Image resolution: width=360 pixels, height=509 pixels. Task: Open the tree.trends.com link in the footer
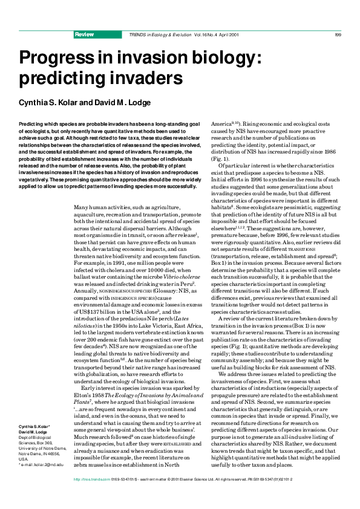tap(85, 496)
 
